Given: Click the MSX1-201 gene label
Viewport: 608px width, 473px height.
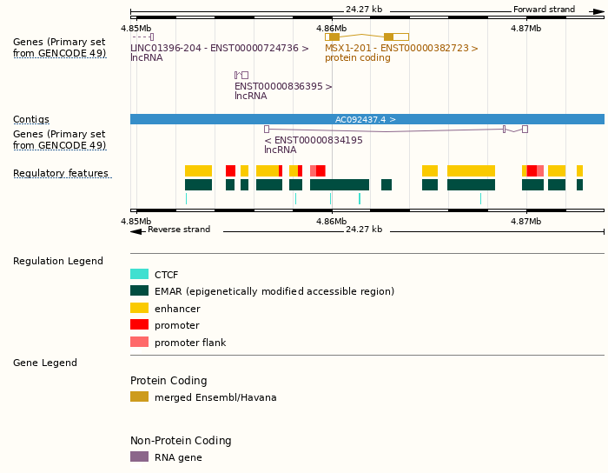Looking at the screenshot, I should coord(401,48).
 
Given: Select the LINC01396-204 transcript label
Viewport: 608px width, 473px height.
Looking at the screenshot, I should coord(219,48).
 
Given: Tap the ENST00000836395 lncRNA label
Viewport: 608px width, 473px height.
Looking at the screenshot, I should coord(283,86).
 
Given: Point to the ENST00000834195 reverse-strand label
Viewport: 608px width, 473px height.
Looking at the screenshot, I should coord(314,140).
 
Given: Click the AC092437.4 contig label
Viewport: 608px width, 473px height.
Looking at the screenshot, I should coord(366,119).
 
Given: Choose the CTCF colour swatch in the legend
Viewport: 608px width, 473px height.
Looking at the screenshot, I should coord(139,274).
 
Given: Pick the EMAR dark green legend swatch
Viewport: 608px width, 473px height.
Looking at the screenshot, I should coord(139,291).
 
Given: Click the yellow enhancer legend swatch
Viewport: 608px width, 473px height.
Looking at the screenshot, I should coord(139,308).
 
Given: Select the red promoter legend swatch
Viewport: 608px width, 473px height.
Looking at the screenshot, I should coord(139,325).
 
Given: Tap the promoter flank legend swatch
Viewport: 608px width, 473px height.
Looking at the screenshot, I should coord(139,342).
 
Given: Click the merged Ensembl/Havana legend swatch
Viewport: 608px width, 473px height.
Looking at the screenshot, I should coord(139,397).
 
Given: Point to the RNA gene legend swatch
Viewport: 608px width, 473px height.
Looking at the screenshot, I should coord(139,456).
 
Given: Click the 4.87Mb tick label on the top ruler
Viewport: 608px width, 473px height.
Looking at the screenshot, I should coord(525,28).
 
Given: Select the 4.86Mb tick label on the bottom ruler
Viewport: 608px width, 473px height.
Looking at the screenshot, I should coord(331,221).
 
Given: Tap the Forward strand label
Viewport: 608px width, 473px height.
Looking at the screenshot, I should coord(544,10).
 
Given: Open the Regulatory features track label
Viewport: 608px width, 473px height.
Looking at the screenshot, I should coord(61,174).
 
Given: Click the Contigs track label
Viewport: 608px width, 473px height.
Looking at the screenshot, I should coord(31,119).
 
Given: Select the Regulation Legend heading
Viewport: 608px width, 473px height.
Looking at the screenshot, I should coord(58,261).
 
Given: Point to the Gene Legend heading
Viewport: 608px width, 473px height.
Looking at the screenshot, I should coord(45,363).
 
